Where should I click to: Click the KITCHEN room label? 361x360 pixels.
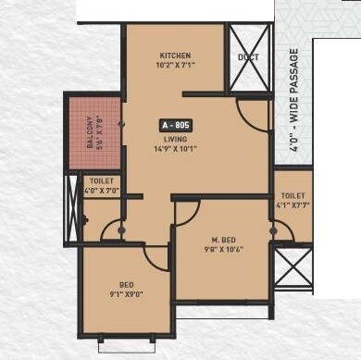click(175, 55)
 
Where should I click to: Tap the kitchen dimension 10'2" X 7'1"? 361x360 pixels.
click(175, 66)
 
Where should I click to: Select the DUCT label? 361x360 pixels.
click(248, 56)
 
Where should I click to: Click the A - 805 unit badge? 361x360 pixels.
click(176, 124)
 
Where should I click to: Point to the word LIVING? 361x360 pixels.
click(176, 137)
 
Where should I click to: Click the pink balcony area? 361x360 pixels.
click(94, 130)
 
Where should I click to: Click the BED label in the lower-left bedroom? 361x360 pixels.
click(126, 284)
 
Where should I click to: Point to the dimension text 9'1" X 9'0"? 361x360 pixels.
click(126, 294)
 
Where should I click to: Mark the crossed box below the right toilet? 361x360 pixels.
click(293, 269)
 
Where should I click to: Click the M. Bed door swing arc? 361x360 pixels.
click(185, 212)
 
